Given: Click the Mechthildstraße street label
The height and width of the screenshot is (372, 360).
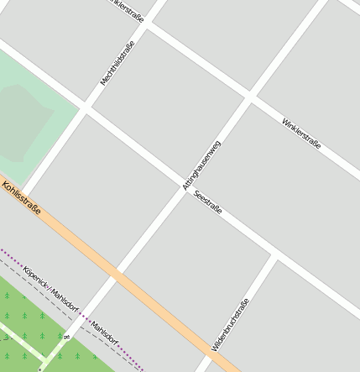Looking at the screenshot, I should click(117, 58).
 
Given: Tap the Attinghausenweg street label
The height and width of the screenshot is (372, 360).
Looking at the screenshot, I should click(201, 165).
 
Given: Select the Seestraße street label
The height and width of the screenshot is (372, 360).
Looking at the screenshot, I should click(207, 202).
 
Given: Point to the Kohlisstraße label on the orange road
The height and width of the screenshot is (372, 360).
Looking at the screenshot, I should click(21, 198).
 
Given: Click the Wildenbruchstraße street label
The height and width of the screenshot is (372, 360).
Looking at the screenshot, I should click(230, 324).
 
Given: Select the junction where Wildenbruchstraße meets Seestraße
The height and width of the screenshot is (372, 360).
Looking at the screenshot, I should click(274, 254).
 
